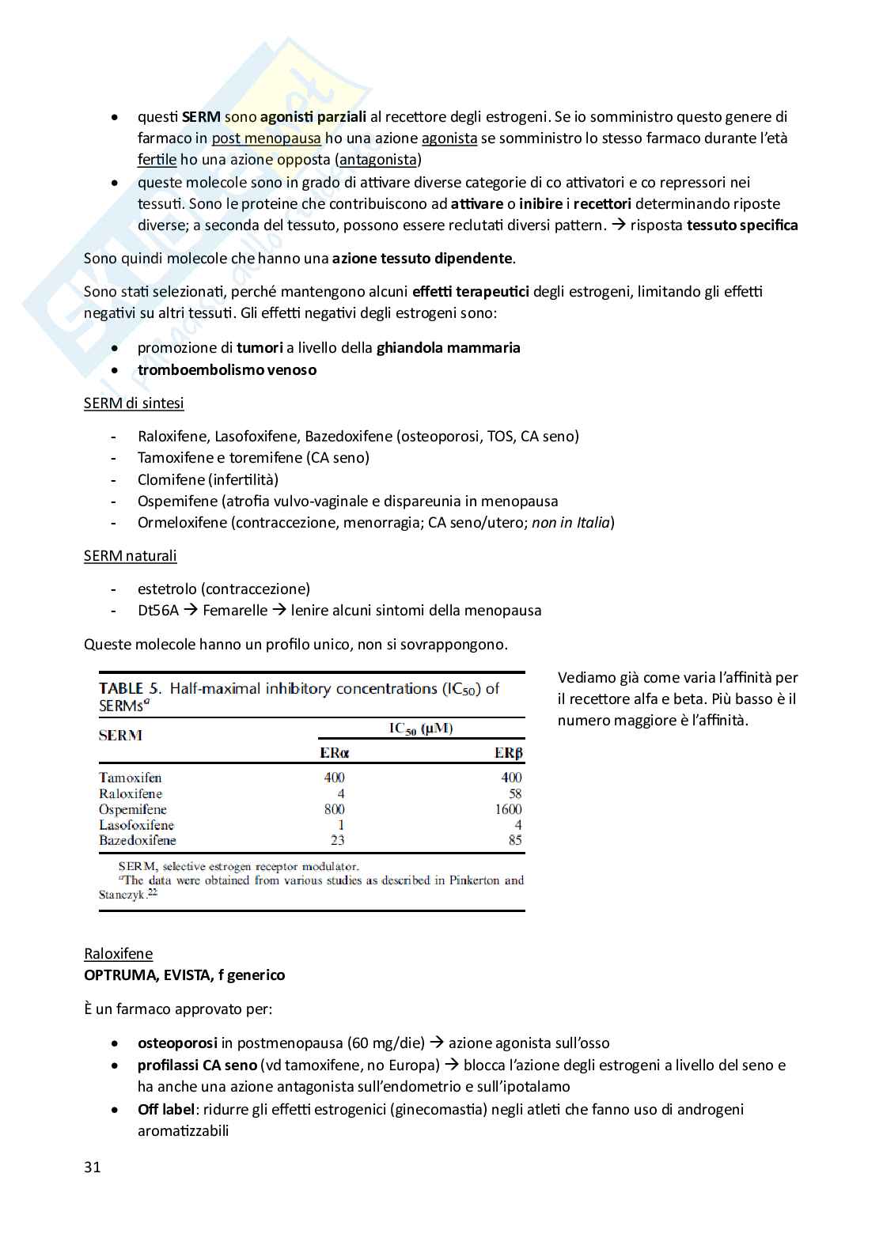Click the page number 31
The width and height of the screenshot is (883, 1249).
click(93, 1168)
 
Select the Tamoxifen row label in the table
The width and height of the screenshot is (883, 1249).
click(130, 778)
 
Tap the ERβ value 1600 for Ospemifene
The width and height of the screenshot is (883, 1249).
click(508, 809)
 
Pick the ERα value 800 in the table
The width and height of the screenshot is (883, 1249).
click(334, 809)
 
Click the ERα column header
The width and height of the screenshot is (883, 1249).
click(334, 753)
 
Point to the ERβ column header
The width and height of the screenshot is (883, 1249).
click(508, 753)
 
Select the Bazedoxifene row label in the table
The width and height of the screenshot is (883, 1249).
click(137, 840)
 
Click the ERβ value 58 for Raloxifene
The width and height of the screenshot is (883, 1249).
click(515, 793)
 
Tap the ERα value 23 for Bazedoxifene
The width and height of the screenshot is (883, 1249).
click(337, 840)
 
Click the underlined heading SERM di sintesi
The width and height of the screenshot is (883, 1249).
click(134, 403)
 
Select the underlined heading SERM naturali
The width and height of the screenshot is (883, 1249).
click(130, 556)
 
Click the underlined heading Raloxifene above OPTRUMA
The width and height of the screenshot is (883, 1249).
click(118, 954)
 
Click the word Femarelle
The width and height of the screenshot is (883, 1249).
click(235, 611)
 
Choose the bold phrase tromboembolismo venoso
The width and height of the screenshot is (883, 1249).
click(226, 370)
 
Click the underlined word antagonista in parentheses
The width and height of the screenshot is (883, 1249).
click(377, 160)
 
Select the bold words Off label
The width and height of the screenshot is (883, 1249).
click(165, 1109)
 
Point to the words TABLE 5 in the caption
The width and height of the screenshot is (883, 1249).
click(130, 689)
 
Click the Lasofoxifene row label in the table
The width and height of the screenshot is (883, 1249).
click(136, 825)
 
